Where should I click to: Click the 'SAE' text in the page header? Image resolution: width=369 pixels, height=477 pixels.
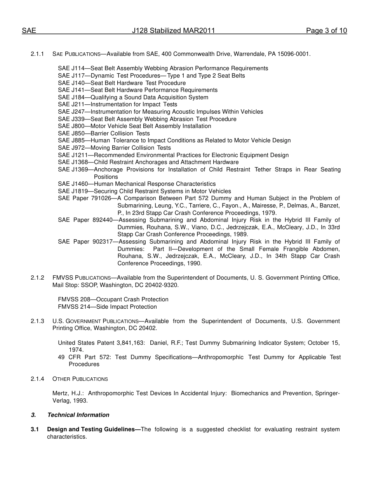click(x=29, y=31)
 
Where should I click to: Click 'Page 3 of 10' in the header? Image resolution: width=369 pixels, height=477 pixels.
click(x=326, y=31)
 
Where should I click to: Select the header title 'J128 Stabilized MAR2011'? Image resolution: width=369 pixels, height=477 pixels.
click(x=173, y=31)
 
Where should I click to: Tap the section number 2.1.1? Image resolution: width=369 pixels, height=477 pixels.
click(x=38, y=54)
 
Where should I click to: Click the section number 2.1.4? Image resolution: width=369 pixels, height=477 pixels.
click(x=38, y=379)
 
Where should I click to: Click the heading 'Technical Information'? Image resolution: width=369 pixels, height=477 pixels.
click(x=78, y=415)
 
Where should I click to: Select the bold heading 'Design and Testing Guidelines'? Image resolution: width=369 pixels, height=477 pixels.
click(x=92, y=429)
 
